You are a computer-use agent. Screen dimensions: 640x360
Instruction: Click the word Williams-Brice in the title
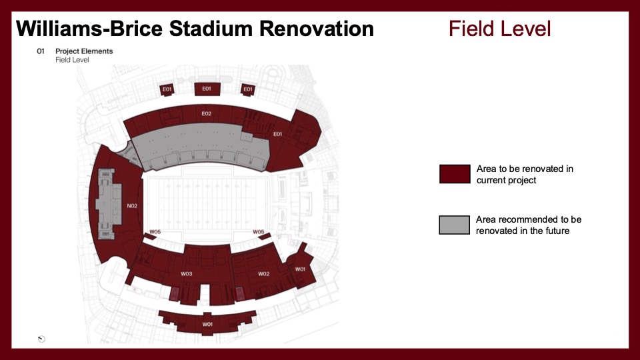pyautogui.click(x=89, y=29)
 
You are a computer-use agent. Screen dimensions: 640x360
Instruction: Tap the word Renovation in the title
pyautogui.click(x=316, y=29)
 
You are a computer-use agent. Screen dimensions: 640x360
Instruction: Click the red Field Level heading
pyautogui.click(x=499, y=29)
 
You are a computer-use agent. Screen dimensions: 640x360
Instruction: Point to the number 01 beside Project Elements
pyautogui.click(x=41, y=51)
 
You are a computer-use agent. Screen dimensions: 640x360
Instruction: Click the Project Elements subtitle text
pyautogui.click(x=84, y=51)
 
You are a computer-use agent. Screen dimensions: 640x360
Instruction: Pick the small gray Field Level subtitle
pyautogui.click(x=72, y=59)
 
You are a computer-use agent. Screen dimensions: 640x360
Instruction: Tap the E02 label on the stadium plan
pyautogui.click(x=207, y=113)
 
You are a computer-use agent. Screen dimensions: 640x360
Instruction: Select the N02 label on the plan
pyautogui.click(x=132, y=206)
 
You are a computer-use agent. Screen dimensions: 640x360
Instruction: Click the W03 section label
pyautogui.click(x=187, y=273)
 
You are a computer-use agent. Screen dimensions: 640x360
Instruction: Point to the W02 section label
pyautogui.click(x=264, y=273)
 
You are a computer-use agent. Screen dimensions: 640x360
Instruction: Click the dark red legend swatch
pyautogui.click(x=455, y=174)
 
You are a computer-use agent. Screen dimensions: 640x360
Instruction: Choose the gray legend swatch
pyautogui.click(x=454, y=225)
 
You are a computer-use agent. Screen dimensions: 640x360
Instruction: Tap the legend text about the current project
pyautogui.click(x=525, y=174)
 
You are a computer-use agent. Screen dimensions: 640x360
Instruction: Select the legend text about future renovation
pyautogui.click(x=529, y=225)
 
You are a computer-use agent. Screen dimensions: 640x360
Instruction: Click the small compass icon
pyautogui.click(x=41, y=339)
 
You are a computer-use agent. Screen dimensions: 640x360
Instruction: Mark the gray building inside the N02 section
pyautogui.click(x=109, y=204)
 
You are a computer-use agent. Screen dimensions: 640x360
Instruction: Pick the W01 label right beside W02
pyautogui.click(x=300, y=269)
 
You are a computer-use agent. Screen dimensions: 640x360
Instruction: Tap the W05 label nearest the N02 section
pyautogui.click(x=155, y=231)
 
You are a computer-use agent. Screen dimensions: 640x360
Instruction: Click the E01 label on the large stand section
pyautogui.click(x=277, y=134)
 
